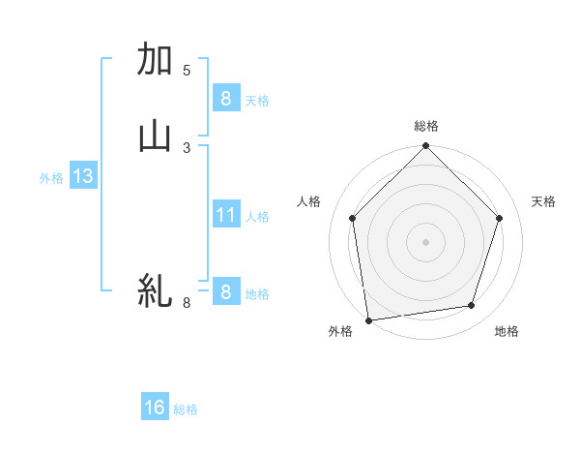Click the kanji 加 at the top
[156, 60]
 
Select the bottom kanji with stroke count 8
[156, 289]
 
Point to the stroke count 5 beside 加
[187, 71]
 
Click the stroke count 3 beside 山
[187, 147]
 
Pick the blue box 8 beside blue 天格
[225, 99]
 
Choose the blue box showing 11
[225, 215]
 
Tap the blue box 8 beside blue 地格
[225, 292]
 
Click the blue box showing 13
[82, 176]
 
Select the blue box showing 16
[155, 408]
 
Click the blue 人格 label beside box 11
[258, 217]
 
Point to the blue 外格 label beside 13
[51, 178]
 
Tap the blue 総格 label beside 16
[186, 409]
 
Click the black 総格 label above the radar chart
[426, 126]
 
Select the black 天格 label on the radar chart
[544, 201]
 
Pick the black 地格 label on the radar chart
[507, 332]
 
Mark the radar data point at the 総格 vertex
[426, 147]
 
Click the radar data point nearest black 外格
[368, 319]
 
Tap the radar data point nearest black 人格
[353, 218]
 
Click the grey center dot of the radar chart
[426, 241]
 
